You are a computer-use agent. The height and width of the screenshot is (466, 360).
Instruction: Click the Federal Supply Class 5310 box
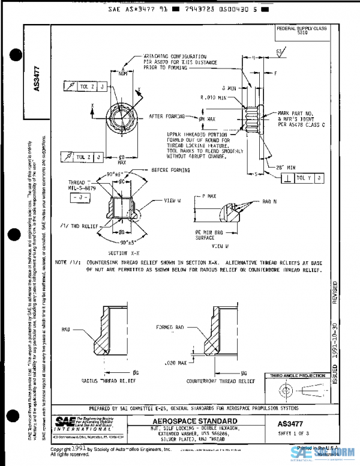(299, 31)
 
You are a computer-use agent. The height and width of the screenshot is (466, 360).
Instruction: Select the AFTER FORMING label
(164, 116)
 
